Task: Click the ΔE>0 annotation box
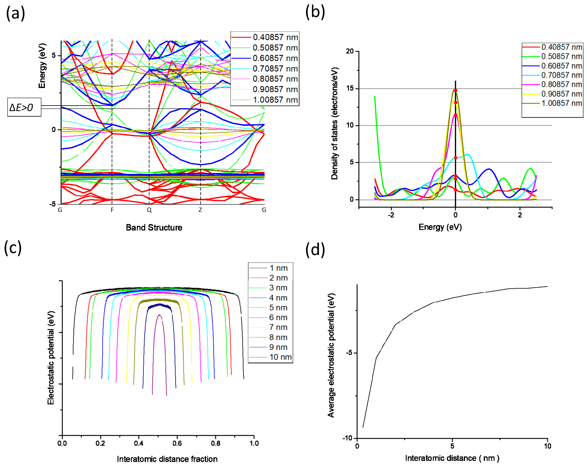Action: coord(24,107)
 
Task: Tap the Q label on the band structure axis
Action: coord(149,210)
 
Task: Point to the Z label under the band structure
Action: coord(200,210)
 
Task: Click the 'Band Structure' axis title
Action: coord(154,227)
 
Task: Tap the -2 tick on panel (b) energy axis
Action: coord(391,215)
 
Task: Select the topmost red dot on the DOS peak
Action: coord(455,90)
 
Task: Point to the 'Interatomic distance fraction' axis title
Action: coord(167,459)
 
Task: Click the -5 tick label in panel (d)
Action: coord(349,353)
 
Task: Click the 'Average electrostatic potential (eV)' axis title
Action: coord(331,355)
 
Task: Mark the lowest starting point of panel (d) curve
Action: coord(363,427)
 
